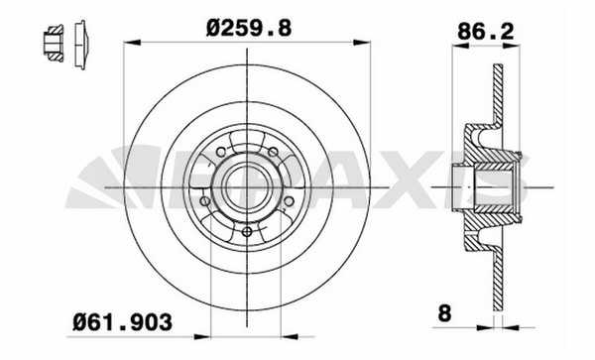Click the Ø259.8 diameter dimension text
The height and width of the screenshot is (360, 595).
coord(249,28)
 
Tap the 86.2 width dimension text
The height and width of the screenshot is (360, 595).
coord(485,31)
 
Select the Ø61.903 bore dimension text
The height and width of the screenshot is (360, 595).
coord(122,322)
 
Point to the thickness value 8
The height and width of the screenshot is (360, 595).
coord(444,313)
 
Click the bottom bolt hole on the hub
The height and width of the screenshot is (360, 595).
coord(247,232)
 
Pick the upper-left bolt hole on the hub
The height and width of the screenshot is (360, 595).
coord(221,152)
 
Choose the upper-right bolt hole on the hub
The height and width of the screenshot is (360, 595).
coord(273,152)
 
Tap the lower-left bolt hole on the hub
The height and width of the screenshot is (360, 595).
coord(205,201)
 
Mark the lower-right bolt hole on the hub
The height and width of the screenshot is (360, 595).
coord(289,201)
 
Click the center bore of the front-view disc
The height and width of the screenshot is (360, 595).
coord(247,187)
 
